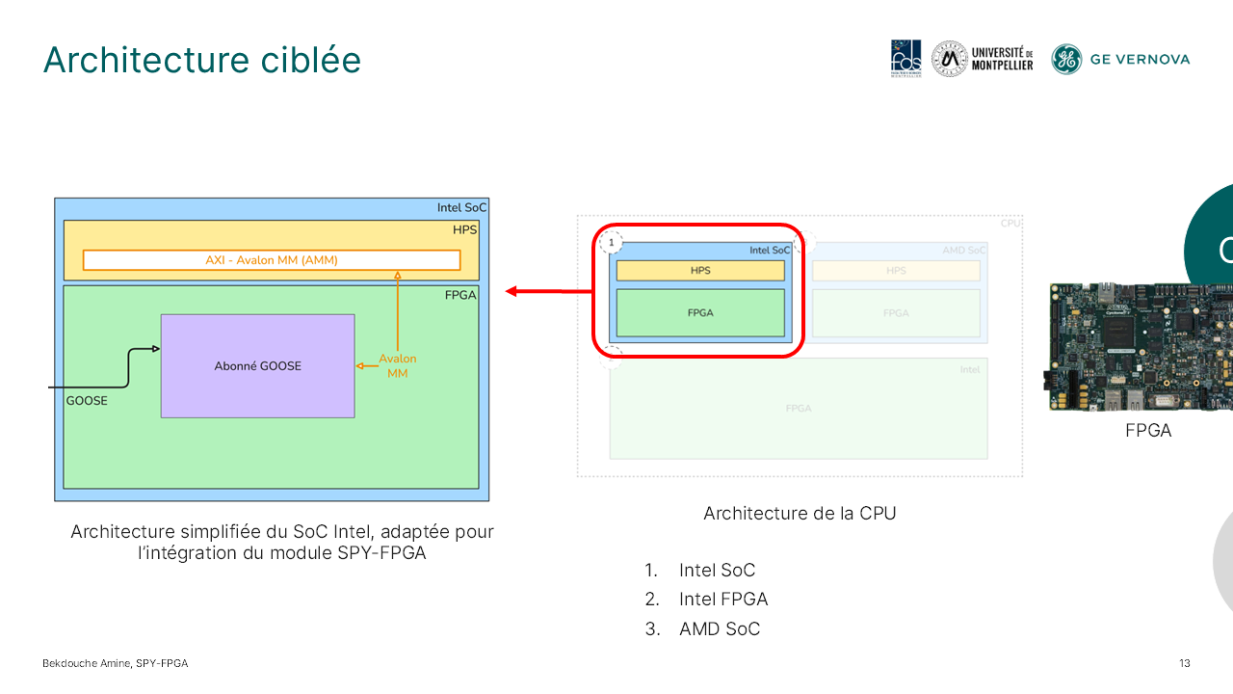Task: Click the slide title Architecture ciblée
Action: click(202, 60)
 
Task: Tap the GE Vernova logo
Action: click(1120, 59)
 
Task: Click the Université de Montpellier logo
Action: click(983, 59)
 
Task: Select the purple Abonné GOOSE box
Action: click(257, 365)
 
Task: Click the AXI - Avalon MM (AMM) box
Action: click(272, 260)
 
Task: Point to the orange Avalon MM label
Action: click(398, 365)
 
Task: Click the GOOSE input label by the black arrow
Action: click(87, 400)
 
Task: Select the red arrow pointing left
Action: click(549, 291)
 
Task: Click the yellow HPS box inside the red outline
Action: click(700, 271)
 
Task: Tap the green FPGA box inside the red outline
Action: click(700, 313)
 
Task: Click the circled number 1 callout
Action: click(611, 242)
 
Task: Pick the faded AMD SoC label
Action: click(962, 251)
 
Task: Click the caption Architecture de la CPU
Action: click(800, 514)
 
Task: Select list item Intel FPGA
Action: click(722, 600)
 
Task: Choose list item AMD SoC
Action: click(719, 629)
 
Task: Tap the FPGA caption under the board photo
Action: click(1148, 431)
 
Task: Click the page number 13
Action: click(1185, 663)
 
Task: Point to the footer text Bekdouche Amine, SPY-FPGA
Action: click(115, 663)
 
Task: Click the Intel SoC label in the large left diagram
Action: click(461, 207)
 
